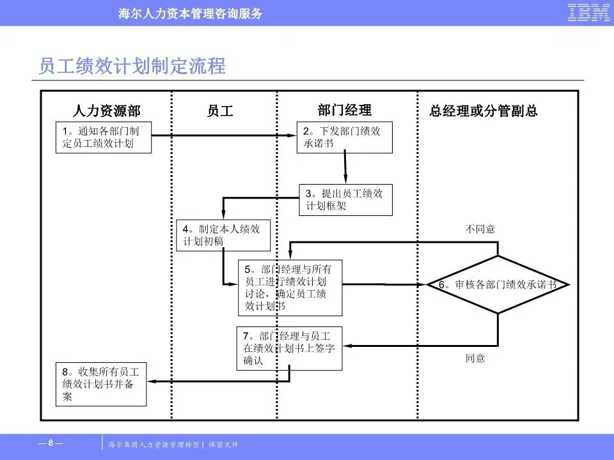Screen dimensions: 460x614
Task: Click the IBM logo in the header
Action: pos(588,13)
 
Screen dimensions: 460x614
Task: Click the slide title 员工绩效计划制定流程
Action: pos(132,66)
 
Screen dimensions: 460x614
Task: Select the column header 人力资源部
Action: pos(107,111)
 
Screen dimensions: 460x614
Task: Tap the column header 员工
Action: pos(220,111)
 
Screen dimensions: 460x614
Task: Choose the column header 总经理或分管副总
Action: pos(484,111)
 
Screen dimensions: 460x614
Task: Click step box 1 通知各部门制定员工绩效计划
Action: pos(104,137)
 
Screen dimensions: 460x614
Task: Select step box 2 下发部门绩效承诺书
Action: pos(344,137)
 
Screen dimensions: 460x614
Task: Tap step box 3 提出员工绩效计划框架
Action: pos(345,199)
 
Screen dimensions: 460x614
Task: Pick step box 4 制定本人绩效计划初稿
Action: pos(223,235)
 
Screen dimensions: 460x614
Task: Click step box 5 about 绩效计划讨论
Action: pos(290,287)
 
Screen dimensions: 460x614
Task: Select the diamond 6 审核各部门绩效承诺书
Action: pos(498,285)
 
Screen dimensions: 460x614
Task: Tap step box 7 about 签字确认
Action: pos(290,348)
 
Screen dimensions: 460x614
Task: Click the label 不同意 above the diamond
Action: pos(480,229)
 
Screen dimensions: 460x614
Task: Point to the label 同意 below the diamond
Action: pos(475,358)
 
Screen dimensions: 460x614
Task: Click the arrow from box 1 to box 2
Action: pos(224,135)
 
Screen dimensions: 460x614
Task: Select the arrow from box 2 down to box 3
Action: pos(345,168)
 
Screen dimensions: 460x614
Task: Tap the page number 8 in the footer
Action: pos(51,443)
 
